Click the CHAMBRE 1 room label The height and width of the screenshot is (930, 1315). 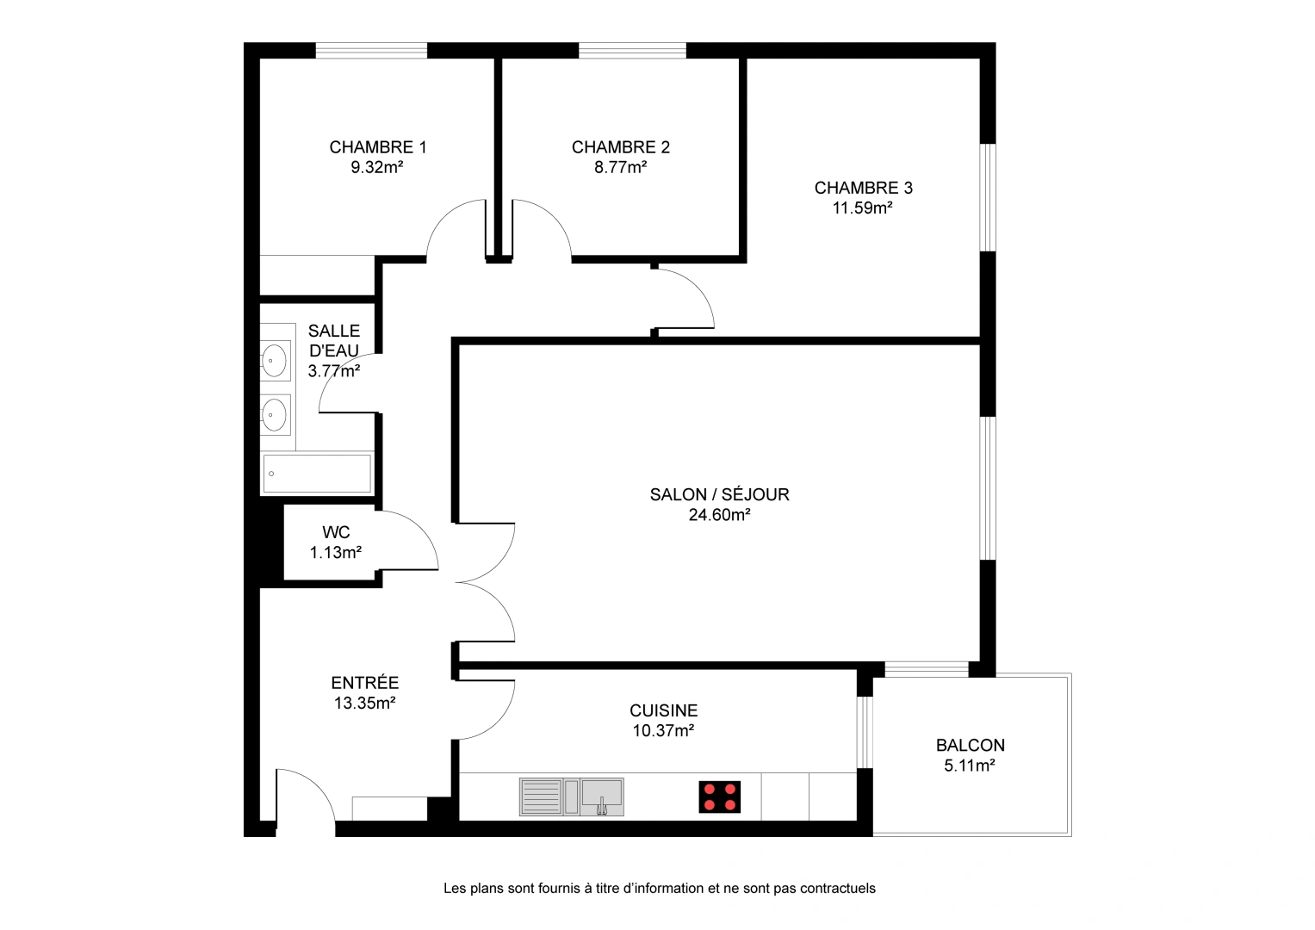377,147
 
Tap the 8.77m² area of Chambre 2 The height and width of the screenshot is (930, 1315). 620,168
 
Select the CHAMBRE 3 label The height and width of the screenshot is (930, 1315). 863,188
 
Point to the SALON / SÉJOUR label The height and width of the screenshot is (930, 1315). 719,494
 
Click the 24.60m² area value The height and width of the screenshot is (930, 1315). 719,515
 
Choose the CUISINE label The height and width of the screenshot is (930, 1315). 663,710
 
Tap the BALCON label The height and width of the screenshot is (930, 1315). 970,746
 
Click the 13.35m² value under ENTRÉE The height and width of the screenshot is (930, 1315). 364,704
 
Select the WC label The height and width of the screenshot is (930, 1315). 336,532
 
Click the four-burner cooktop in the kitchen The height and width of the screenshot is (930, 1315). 719,797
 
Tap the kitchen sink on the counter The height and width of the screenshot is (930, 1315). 601,797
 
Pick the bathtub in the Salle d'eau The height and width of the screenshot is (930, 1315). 317,474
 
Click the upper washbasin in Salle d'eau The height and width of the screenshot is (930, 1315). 275,360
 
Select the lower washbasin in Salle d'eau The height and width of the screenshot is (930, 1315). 275,415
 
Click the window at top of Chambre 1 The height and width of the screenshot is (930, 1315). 371,51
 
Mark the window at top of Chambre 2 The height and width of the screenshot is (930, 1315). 632,51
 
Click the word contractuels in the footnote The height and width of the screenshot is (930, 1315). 837,889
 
